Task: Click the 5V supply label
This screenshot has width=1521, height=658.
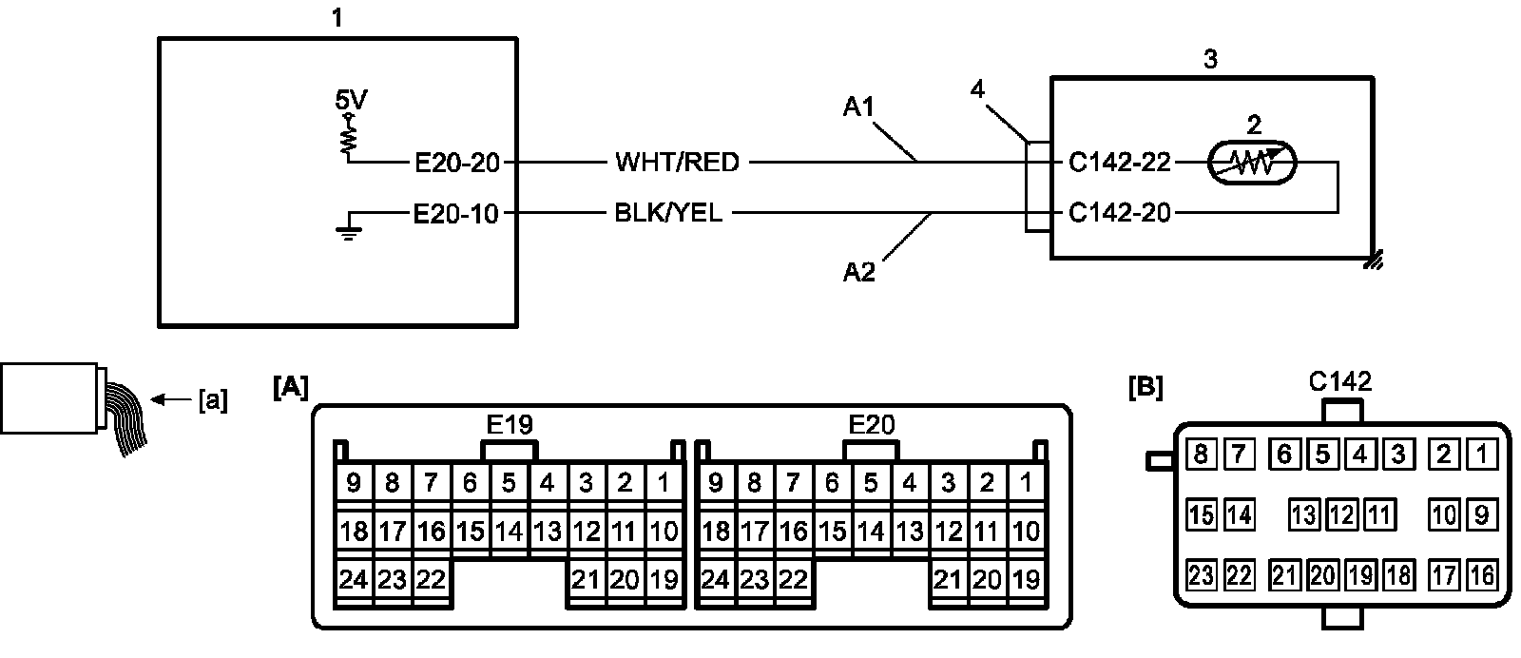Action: pos(351,101)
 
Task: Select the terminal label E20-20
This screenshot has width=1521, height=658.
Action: pos(457,163)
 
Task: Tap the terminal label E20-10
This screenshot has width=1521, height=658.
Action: pos(456,214)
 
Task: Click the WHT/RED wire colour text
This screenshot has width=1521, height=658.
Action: pos(677,163)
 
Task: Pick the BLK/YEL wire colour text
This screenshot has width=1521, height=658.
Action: pos(668,213)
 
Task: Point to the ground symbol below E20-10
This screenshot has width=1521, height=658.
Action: pos(348,230)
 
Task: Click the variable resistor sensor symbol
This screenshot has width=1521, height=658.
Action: pos(1252,163)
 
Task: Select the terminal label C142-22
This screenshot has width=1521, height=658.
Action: pos(1120,163)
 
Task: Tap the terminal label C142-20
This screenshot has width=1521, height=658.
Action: pos(1120,213)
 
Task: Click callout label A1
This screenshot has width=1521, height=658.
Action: pos(858,106)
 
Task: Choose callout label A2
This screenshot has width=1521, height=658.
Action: pos(859,272)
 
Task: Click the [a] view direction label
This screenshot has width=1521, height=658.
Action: pos(213,400)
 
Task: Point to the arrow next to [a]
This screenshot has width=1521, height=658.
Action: pos(171,399)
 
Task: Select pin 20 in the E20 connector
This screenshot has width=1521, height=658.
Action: pos(987,579)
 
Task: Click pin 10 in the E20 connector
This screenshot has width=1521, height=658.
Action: pos(1026,531)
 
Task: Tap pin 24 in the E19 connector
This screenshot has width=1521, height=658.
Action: pos(353,579)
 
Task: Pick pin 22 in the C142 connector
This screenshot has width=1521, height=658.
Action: pos(1240,576)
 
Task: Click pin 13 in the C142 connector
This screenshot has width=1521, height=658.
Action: pos(1303,515)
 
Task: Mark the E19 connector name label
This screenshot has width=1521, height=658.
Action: pos(510,425)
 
